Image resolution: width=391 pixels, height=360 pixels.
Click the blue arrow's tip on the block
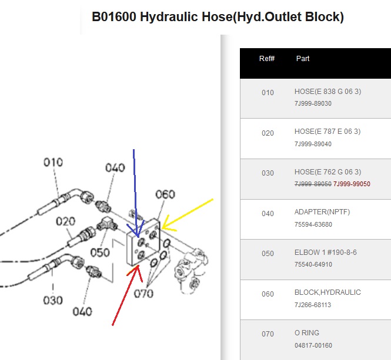click(x=138, y=237)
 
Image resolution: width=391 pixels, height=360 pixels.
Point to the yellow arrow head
click(x=162, y=228)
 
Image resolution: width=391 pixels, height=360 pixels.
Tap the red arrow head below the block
click(x=138, y=266)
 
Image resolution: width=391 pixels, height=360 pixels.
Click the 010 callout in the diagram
click(x=53, y=162)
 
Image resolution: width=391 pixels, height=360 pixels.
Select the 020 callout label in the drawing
click(x=65, y=221)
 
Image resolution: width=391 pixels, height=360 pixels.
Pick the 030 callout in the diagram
click(x=53, y=300)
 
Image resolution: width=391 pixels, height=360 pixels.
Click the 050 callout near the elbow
click(x=100, y=253)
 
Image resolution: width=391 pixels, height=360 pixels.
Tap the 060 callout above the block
click(x=165, y=194)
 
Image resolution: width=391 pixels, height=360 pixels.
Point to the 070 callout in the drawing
click(x=143, y=294)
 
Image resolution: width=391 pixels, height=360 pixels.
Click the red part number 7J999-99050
click(x=352, y=184)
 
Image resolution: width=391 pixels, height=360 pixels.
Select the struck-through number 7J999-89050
click(x=313, y=184)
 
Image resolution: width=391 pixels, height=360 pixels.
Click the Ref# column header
click(x=267, y=59)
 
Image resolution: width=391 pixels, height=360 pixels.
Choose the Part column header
click(x=303, y=59)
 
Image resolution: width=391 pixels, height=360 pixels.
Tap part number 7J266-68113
click(x=313, y=305)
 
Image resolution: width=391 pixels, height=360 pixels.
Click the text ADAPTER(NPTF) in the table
click(x=322, y=212)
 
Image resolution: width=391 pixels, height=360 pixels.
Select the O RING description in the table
click(x=307, y=333)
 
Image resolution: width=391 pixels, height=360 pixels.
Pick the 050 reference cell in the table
click(x=268, y=254)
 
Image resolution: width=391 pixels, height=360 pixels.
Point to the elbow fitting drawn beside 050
click(x=107, y=224)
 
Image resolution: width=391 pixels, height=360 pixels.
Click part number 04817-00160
click(x=313, y=345)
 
